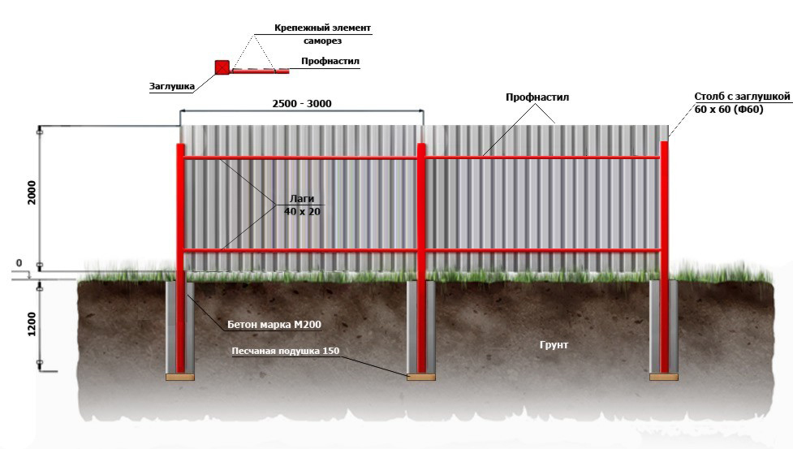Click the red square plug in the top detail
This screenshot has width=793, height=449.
click(x=222, y=67)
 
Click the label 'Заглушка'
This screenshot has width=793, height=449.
click(x=172, y=86)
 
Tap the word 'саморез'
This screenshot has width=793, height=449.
click(x=323, y=41)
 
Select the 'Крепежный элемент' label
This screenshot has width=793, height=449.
click(x=323, y=28)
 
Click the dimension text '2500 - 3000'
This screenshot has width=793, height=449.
click(x=302, y=104)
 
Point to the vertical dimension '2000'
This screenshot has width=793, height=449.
click(x=32, y=192)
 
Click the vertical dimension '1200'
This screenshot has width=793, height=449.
click(x=32, y=324)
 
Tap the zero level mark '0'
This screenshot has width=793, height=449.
click(x=19, y=263)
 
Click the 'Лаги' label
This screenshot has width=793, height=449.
click(x=302, y=199)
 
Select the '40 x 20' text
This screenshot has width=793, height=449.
click(x=302, y=211)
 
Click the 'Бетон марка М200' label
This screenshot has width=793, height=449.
click(x=274, y=325)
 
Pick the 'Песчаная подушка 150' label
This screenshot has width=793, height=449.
click(x=285, y=351)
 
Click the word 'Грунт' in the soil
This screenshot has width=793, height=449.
click(x=554, y=345)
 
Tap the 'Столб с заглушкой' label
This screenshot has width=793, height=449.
click(x=742, y=97)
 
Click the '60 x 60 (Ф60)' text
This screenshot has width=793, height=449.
click(x=729, y=110)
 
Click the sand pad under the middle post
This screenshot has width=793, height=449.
click(x=421, y=378)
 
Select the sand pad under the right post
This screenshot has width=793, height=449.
click(x=664, y=378)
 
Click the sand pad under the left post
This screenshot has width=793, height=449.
click(x=180, y=378)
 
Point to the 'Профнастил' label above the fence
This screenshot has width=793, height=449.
click(x=537, y=97)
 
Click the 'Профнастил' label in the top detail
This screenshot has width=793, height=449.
click(x=330, y=61)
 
